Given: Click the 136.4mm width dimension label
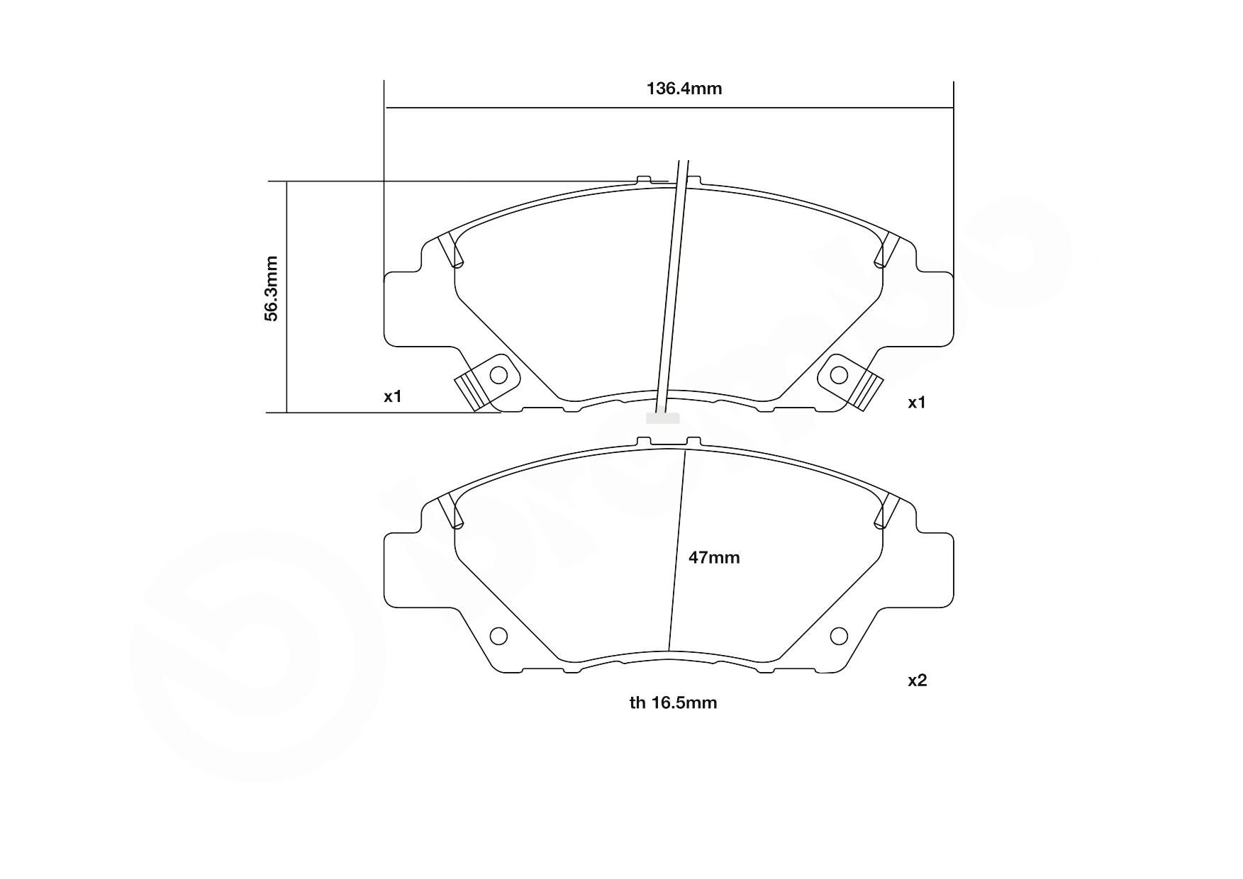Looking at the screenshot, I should coord(684,89).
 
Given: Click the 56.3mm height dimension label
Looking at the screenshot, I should coord(272,289).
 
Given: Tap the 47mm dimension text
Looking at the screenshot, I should coord(714,558).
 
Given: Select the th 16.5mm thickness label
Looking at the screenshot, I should coord(673,702).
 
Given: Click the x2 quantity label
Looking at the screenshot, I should coord(917,681).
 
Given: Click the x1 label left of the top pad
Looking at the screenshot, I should coord(393,396).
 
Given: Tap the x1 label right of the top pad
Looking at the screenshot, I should coord(917,403).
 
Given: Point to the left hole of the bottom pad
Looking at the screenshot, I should coord(498,636).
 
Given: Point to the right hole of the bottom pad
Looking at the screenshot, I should coord(839,636).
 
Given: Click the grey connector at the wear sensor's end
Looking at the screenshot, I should coord(662,418).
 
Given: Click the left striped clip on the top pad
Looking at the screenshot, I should coord(469,392).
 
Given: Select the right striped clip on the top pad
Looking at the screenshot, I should coord(868,392).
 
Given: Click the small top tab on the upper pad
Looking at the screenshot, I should coord(644,179).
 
